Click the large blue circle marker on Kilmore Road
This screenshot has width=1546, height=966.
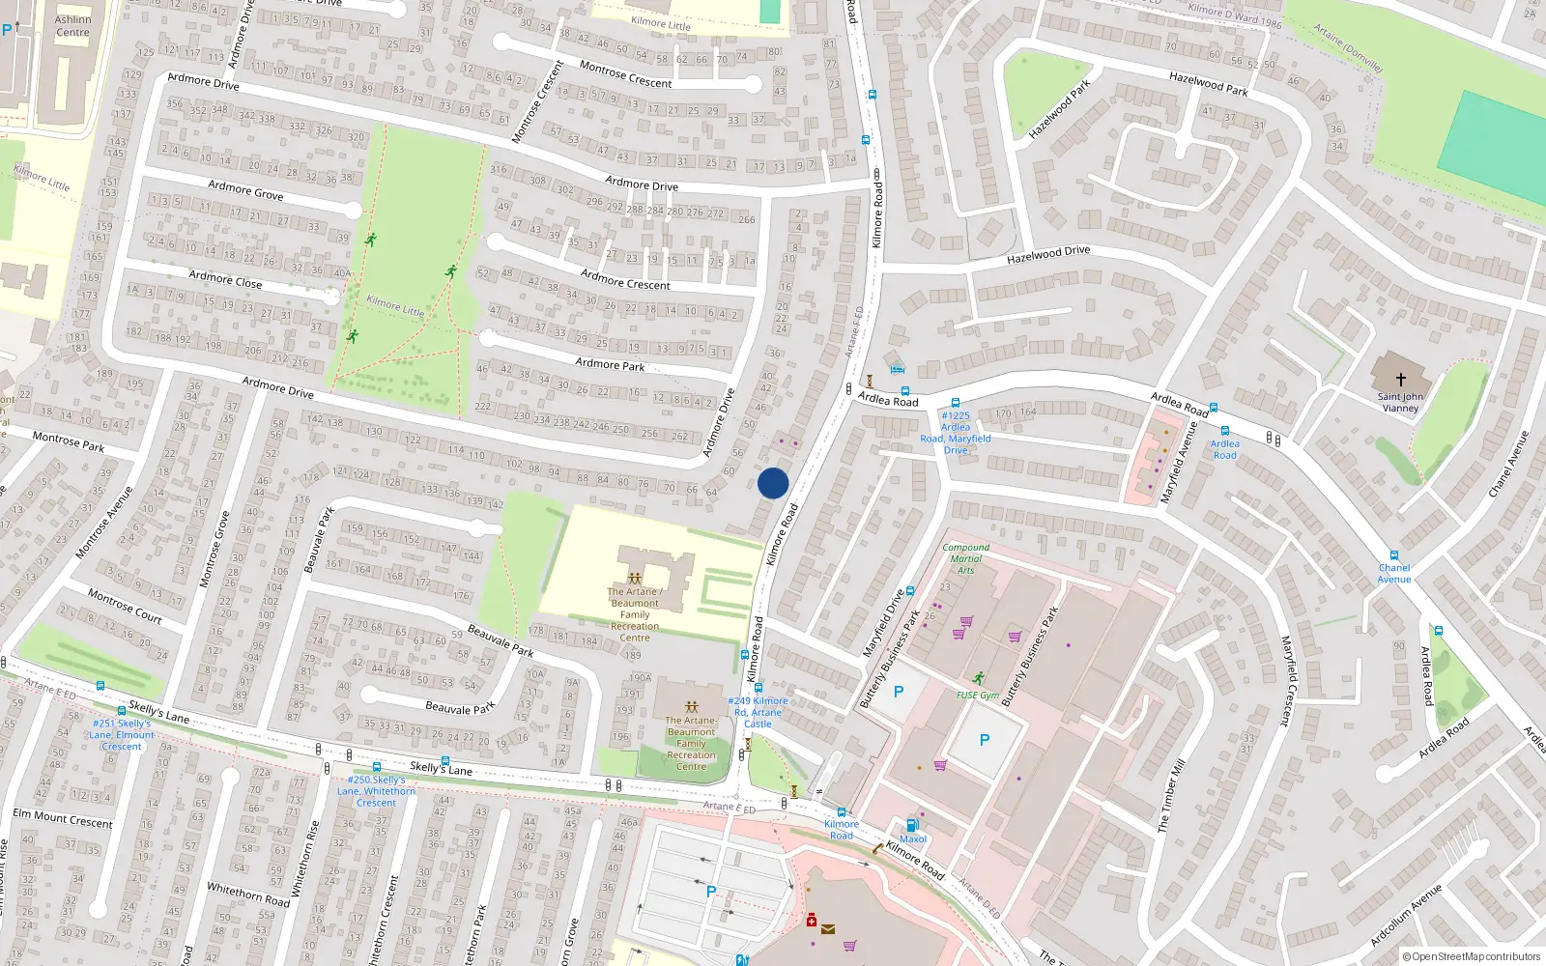773,483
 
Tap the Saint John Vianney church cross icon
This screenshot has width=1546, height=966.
1400,380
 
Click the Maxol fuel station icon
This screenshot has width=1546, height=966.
911,825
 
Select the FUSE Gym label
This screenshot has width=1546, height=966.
977,696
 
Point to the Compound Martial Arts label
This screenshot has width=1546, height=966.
965,558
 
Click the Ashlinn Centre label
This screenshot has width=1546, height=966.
72,26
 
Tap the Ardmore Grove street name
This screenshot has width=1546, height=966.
245,189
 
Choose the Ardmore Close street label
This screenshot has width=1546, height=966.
225,280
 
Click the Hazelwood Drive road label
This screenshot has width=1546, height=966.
1047,255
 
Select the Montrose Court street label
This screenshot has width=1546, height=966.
125,606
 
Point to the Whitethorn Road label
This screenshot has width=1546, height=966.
247,894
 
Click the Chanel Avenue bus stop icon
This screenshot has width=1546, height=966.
1393,555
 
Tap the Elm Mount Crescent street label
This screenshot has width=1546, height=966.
63,818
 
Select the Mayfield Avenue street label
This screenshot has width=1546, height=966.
1178,462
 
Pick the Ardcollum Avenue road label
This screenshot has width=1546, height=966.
1407,915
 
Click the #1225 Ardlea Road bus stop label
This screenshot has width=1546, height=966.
955,433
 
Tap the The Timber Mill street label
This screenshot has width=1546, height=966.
1171,796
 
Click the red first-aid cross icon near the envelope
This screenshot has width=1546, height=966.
812,921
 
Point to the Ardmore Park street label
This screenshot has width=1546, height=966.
610,364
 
